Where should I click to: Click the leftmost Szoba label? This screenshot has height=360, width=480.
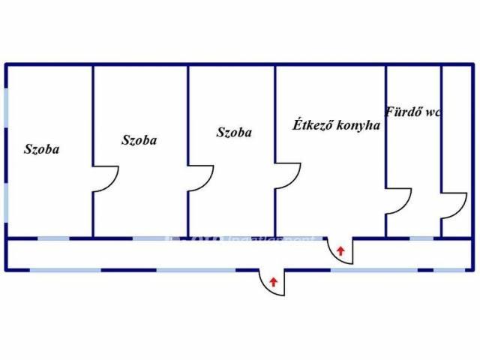click(41, 149)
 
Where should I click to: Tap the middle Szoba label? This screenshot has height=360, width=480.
click(139, 139)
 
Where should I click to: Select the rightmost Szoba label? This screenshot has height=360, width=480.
click(234, 133)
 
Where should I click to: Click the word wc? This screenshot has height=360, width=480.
click(432, 112)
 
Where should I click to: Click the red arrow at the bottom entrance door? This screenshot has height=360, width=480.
click(274, 282)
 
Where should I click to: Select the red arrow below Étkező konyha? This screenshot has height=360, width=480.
click(341, 250)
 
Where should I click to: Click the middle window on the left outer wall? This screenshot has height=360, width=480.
click(6, 154)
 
